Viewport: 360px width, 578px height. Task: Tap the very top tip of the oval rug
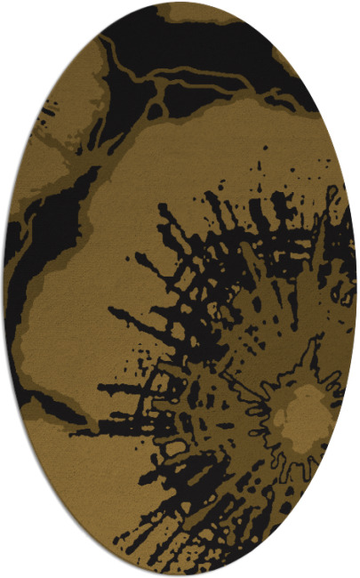point(180,4)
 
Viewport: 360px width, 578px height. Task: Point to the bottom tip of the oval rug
point(180,574)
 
